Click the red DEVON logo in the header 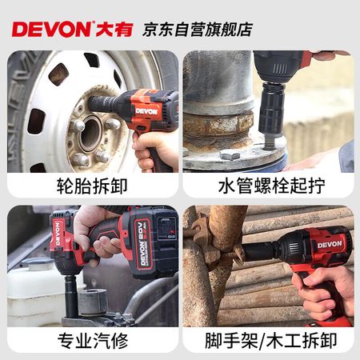(x=51, y=30)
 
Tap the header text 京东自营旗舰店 (x=198, y=30)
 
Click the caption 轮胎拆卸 (x=92, y=186)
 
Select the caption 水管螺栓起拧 (x=271, y=186)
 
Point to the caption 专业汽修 (x=93, y=341)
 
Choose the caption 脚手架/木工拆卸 (x=270, y=341)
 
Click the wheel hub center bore (x=90, y=134)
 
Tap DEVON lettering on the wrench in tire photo (x=146, y=111)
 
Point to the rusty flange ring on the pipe (x=218, y=125)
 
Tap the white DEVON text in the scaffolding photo (x=330, y=244)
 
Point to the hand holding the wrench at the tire (x=154, y=150)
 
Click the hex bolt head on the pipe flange (x=230, y=154)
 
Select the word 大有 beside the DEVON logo (x=114, y=30)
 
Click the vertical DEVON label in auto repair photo (x=58, y=234)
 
